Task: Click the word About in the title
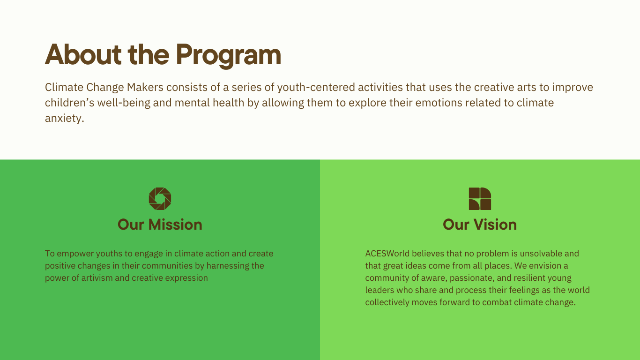click(83, 54)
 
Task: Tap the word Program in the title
click(229, 56)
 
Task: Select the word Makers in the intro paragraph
click(145, 87)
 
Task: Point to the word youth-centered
click(316, 88)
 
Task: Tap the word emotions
click(439, 103)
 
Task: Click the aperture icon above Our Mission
click(160, 199)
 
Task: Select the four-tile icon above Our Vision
click(480, 199)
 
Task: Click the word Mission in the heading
click(175, 225)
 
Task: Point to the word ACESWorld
click(387, 253)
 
